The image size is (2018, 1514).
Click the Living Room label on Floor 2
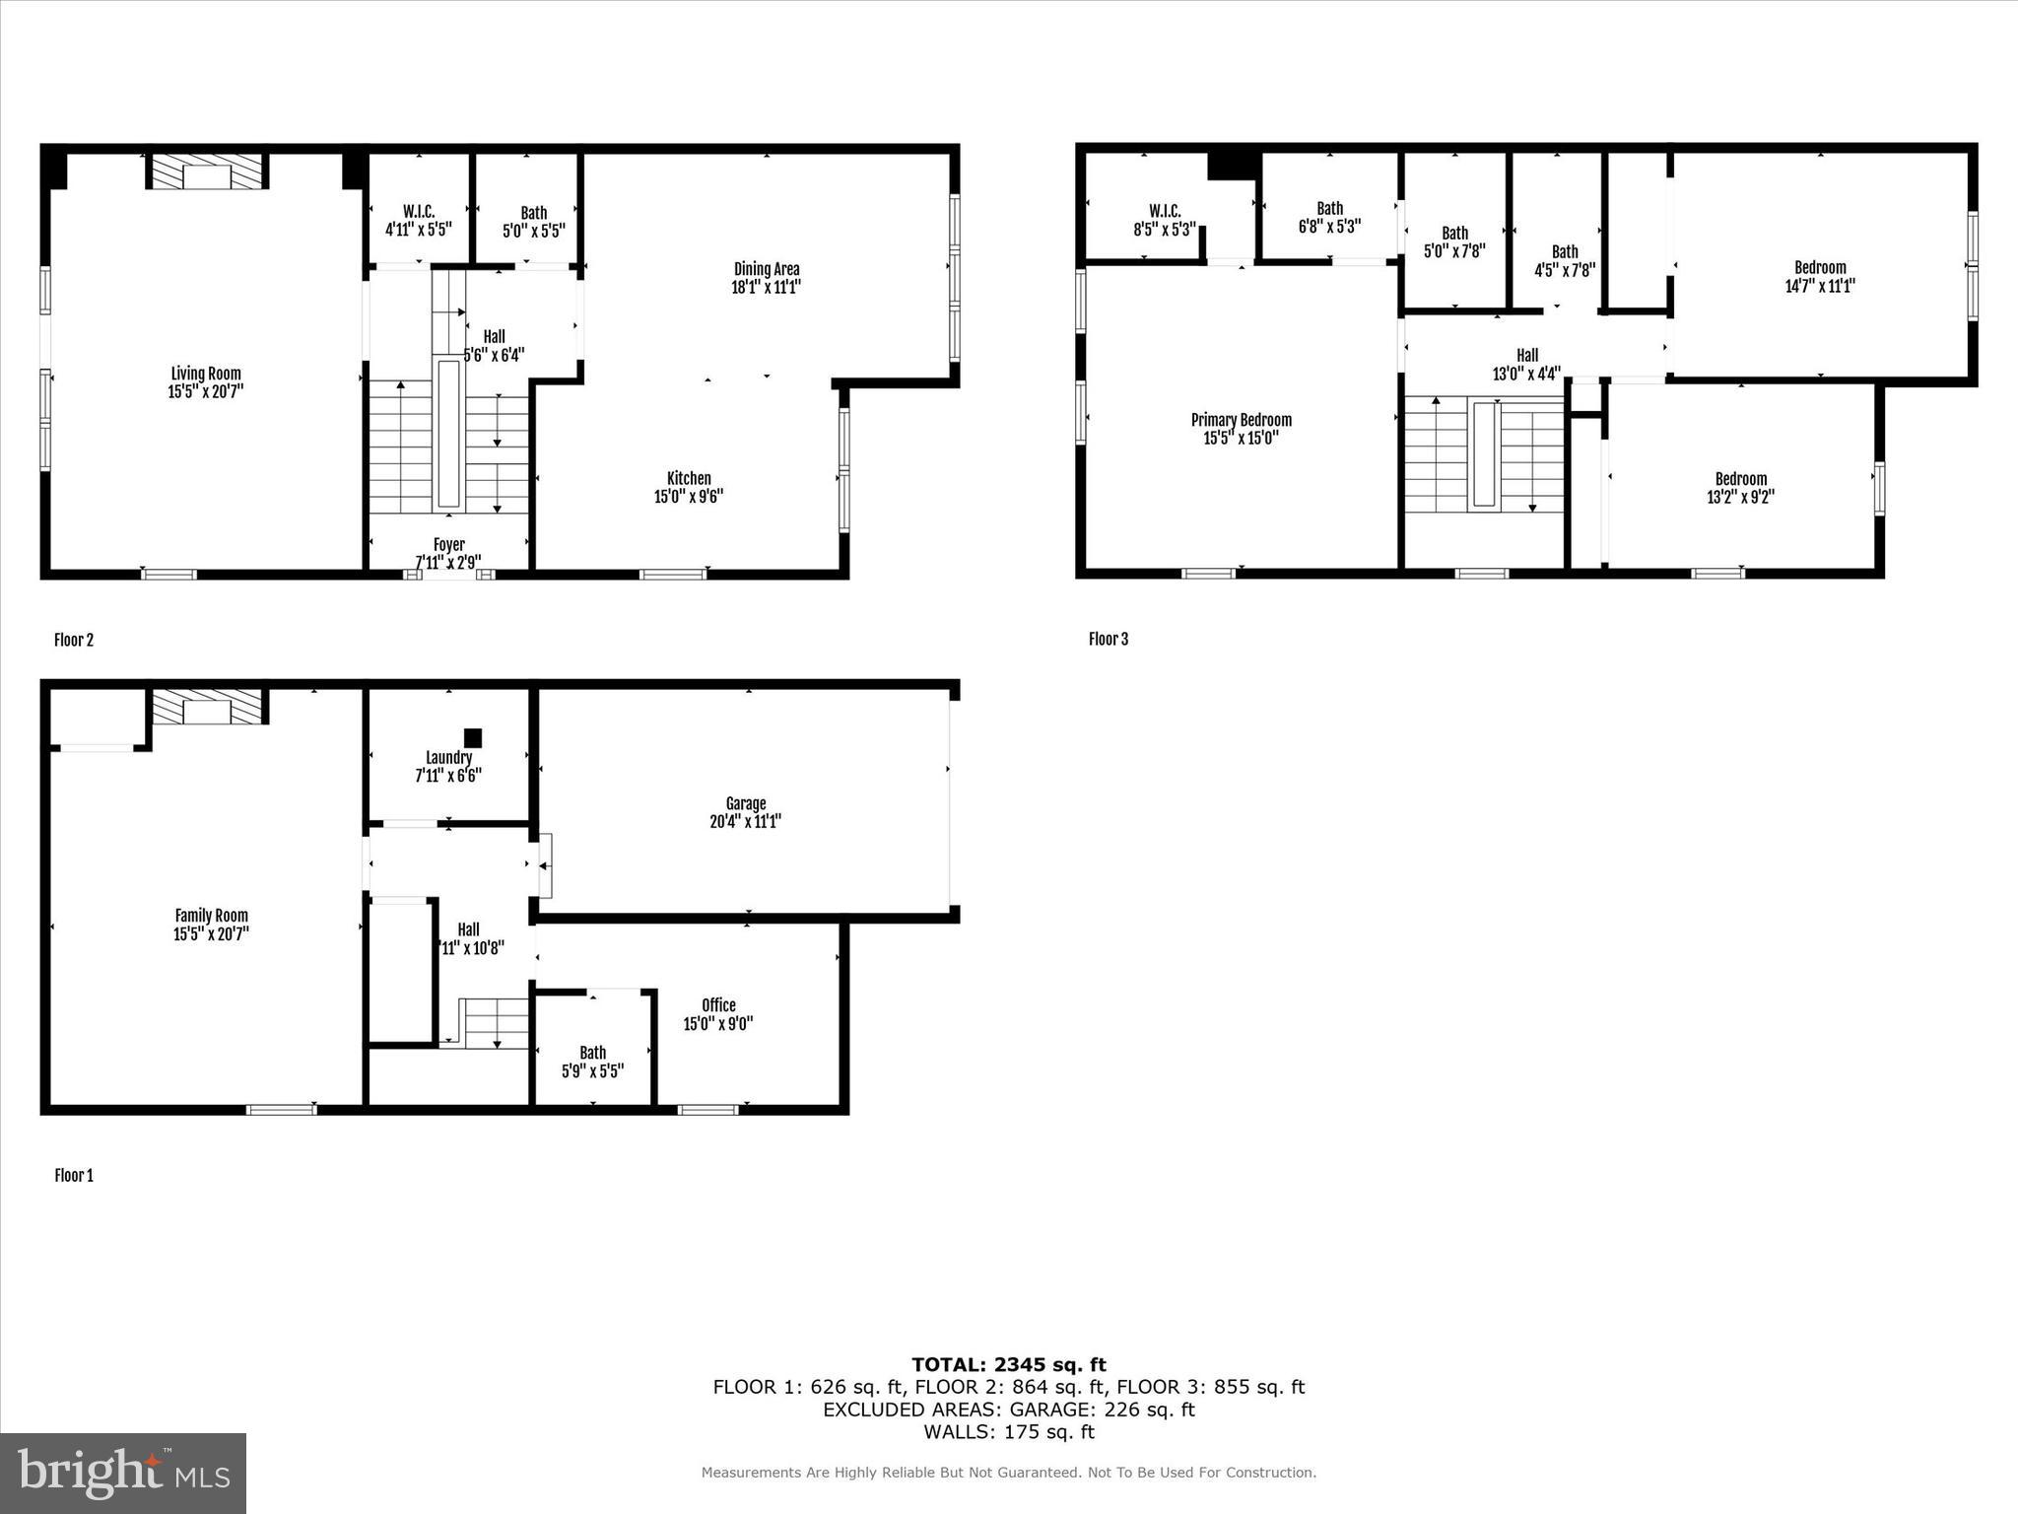(x=206, y=374)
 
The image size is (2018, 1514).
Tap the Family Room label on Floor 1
(x=211, y=916)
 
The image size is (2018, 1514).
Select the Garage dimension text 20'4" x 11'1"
(x=745, y=822)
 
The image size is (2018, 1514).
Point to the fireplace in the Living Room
(x=208, y=172)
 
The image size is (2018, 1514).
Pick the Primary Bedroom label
(x=1241, y=420)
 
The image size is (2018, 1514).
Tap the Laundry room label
(x=448, y=758)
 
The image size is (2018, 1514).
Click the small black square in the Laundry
(x=473, y=737)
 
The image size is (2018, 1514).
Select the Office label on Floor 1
(x=718, y=1005)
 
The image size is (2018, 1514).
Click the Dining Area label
(x=766, y=269)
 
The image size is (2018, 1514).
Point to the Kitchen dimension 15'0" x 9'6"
(x=689, y=497)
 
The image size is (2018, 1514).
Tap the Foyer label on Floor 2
(x=448, y=545)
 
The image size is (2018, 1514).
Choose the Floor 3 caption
(x=1109, y=640)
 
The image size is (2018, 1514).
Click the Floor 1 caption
(x=74, y=1176)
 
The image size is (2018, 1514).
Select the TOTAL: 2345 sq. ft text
(x=1008, y=1365)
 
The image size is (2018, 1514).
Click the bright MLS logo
(x=123, y=1474)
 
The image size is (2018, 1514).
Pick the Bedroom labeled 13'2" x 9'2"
(x=1740, y=488)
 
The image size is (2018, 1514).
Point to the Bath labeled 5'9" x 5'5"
(x=592, y=1062)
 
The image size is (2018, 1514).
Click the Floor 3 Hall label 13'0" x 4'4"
(x=1526, y=365)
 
